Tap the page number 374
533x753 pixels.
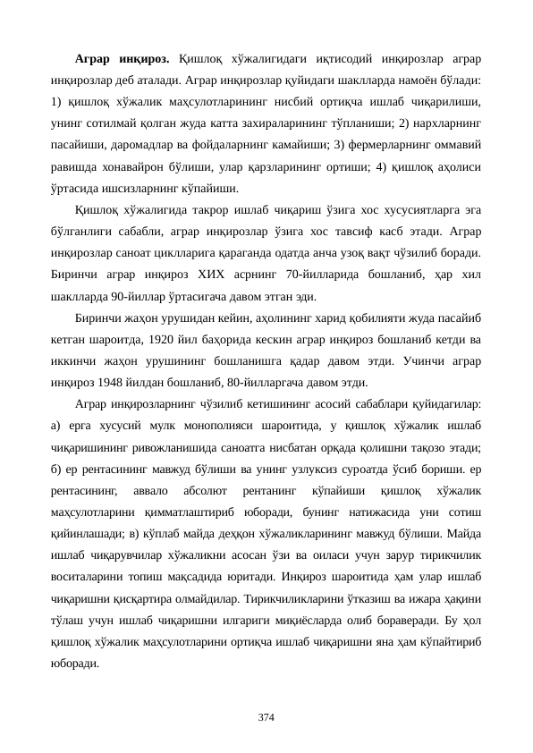pos(266,716)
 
